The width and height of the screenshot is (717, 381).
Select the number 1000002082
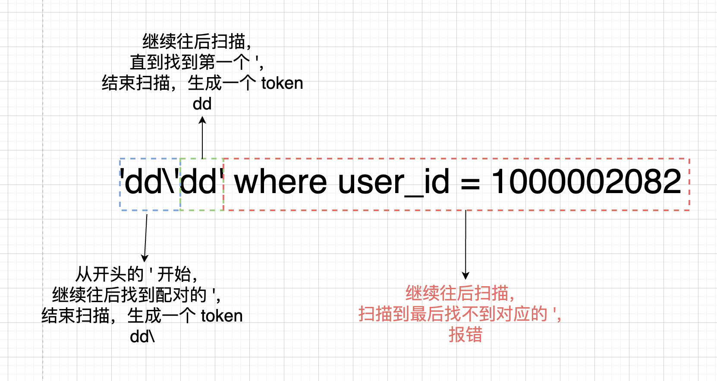pos(586,182)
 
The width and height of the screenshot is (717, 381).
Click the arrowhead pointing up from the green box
pos(202,121)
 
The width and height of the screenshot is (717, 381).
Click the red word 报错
pos(465,334)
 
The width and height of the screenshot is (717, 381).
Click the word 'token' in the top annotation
pos(282,83)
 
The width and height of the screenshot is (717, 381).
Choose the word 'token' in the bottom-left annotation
pos(222,316)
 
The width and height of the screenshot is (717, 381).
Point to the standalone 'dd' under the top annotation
pos(202,104)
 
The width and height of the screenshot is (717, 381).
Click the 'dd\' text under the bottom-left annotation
pos(142,337)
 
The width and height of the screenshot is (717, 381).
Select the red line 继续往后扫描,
pos(460,294)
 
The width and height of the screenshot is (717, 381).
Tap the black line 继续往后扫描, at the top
pos(197,42)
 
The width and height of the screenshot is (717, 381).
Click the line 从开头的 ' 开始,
pos(137,275)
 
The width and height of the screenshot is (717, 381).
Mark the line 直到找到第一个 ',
pos(197,62)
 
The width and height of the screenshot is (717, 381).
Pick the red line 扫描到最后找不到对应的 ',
pos(460,314)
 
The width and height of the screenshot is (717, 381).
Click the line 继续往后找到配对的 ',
pos(137,295)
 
